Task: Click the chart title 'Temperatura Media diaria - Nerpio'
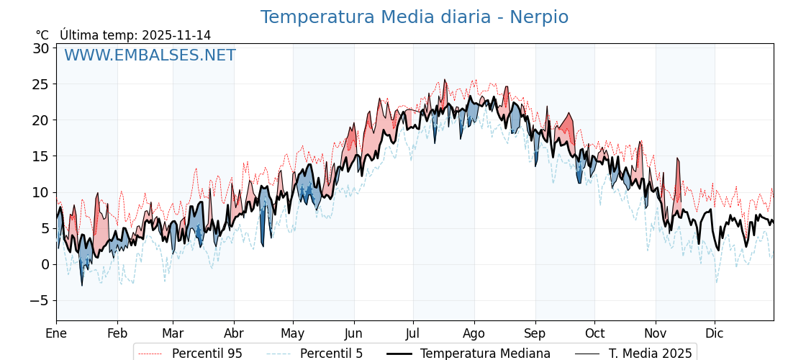click(414, 17)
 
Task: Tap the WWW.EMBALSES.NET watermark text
click(150, 55)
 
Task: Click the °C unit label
click(42, 35)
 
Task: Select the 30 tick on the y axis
click(40, 48)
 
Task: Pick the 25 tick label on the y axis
click(40, 84)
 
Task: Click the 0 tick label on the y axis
click(45, 264)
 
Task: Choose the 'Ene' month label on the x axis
click(56, 333)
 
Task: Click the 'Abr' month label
click(234, 333)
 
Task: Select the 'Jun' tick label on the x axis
click(353, 333)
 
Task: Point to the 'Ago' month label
click(474, 333)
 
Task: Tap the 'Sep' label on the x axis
click(535, 333)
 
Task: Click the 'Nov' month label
click(656, 333)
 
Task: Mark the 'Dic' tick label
click(715, 333)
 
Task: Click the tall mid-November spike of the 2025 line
click(677, 160)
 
